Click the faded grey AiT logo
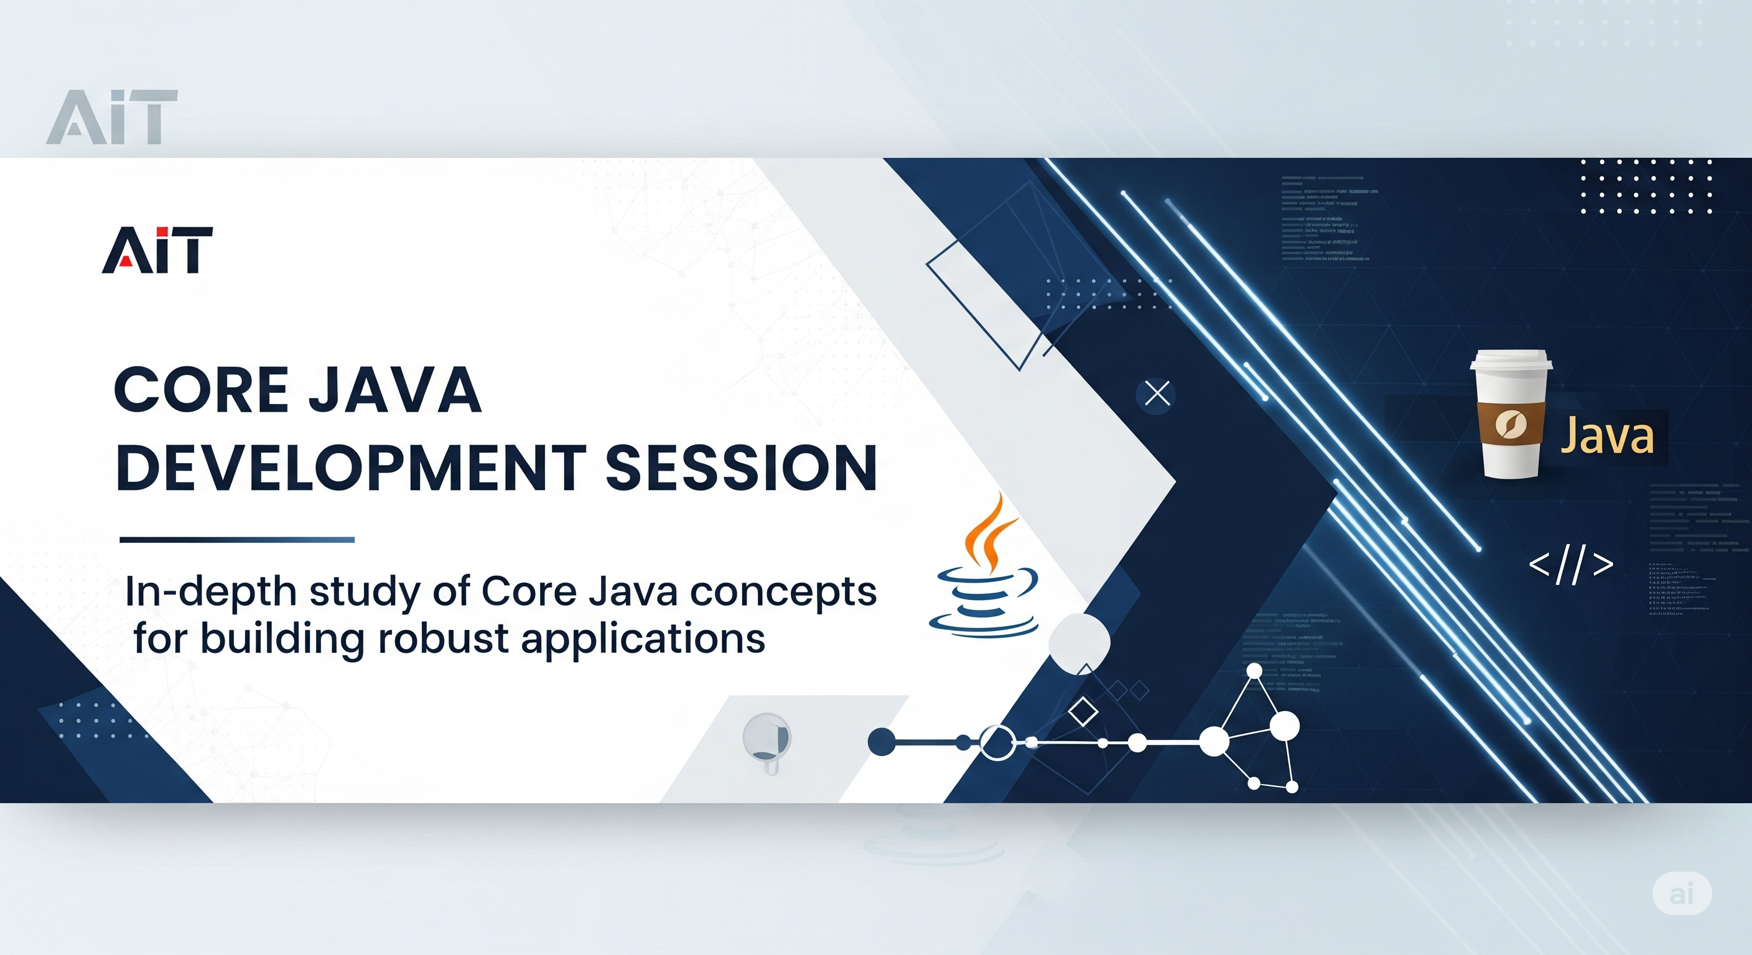pos(111,117)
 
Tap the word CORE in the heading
pos(200,390)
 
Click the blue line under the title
pos(236,540)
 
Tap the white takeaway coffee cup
pos(1511,415)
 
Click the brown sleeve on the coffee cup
pos(1510,425)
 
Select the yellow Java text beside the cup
pos(1606,436)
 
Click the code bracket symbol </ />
pos(1570,565)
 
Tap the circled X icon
pos(1157,394)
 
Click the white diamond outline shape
pos(1083,713)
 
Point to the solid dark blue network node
pos(882,742)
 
